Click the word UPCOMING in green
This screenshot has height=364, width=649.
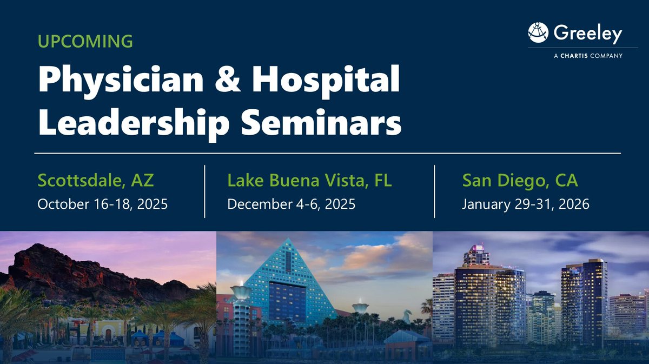pyautogui.click(x=85, y=41)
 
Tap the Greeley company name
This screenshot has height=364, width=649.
pyautogui.click(x=587, y=34)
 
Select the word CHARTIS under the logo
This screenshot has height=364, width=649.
pyautogui.click(x=577, y=56)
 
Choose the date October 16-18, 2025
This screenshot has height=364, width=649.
pyautogui.click(x=102, y=204)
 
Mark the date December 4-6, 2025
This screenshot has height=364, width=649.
pyautogui.click(x=291, y=204)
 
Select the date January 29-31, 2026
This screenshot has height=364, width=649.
pyautogui.click(x=526, y=204)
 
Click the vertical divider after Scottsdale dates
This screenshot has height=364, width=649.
pyautogui.click(x=204, y=191)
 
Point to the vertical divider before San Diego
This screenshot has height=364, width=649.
pyautogui.click(x=435, y=191)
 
